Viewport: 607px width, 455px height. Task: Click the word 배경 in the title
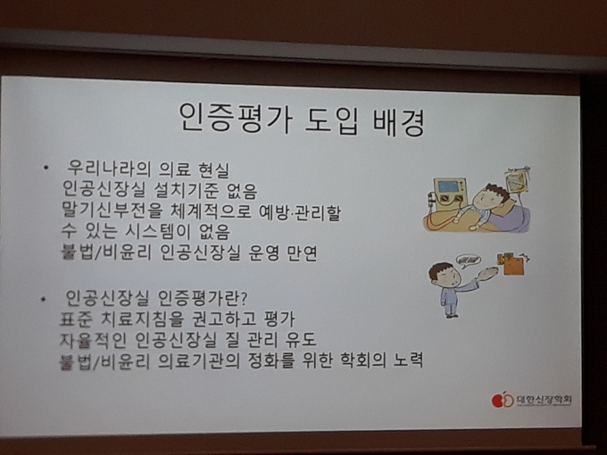(398, 121)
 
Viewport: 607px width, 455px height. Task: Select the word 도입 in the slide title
(332, 120)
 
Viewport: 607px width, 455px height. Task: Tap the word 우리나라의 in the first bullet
(108, 170)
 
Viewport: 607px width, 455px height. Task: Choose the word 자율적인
(93, 339)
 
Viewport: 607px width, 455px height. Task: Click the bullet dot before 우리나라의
(46, 168)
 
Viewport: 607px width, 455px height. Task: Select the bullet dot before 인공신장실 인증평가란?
(43, 299)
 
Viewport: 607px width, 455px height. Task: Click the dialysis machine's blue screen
(448, 186)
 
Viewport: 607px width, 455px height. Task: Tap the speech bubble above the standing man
(468, 261)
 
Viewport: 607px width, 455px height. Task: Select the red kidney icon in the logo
(496, 401)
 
